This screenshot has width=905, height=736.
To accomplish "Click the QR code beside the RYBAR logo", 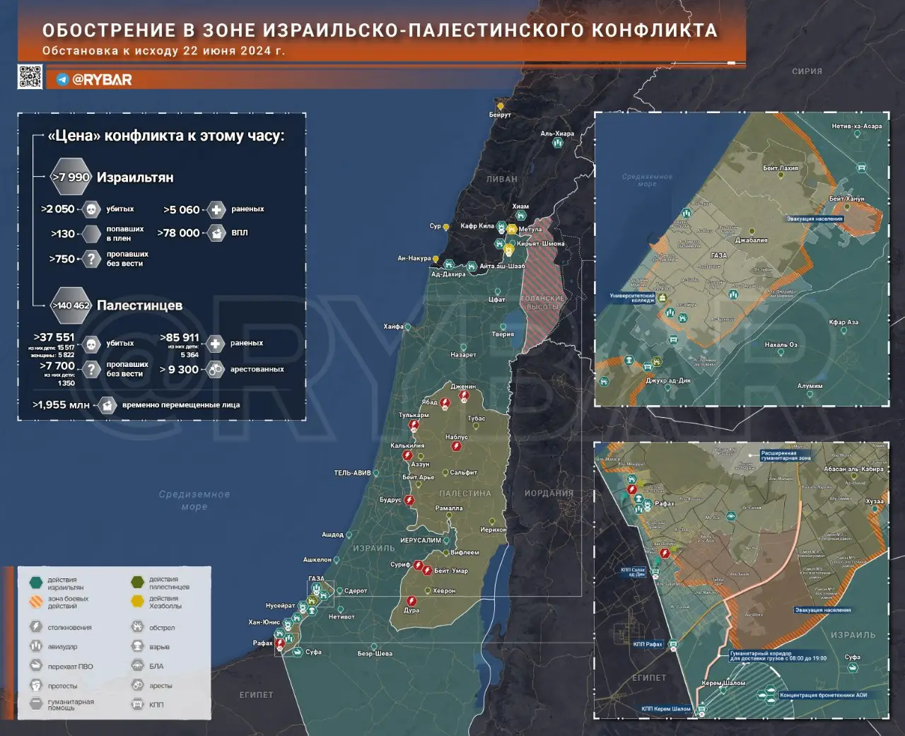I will [x=30, y=76].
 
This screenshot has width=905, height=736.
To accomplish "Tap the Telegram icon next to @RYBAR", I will [x=63, y=80].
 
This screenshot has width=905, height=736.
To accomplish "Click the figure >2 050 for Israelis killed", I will [x=58, y=209].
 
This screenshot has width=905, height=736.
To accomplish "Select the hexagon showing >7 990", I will [x=71, y=177].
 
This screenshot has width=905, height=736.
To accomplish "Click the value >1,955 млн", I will [x=62, y=405].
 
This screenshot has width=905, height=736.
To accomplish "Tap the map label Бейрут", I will [x=500, y=115].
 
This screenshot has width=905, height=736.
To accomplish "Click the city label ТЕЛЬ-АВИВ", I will [x=352, y=473].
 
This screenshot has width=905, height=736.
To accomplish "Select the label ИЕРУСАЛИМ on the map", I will [x=420, y=540].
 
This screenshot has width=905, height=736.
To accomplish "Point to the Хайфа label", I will [x=393, y=327].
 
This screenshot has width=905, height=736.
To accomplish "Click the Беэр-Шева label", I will [x=375, y=653].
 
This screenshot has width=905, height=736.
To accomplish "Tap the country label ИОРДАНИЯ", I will [x=549, y=493].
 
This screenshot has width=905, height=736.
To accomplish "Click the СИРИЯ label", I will [x=807, y=71].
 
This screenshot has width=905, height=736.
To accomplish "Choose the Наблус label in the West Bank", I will [x=457, y=438].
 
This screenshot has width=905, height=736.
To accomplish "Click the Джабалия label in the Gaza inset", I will [x=751, y=240].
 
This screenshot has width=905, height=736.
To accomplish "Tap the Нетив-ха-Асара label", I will [x=856, y=127].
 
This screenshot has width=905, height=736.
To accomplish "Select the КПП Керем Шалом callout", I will [x=666, y=708].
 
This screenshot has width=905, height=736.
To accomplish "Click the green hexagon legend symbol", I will [x=36, y=583].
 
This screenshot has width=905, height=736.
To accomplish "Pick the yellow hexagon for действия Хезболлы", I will [x=137, y=602].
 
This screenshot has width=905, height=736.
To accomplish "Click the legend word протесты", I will [x=62, y=686].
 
